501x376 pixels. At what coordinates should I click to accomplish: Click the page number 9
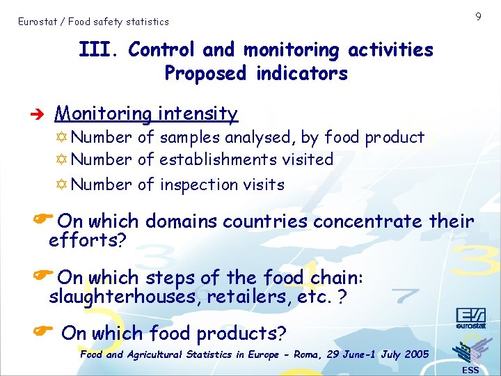point(478,16)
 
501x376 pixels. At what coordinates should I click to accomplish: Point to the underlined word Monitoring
point(103,113)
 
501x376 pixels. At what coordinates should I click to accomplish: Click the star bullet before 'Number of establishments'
point(63,159)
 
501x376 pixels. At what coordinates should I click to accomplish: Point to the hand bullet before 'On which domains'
point(43,219)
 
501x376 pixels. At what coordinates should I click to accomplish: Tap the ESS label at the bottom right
point(470,370)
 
